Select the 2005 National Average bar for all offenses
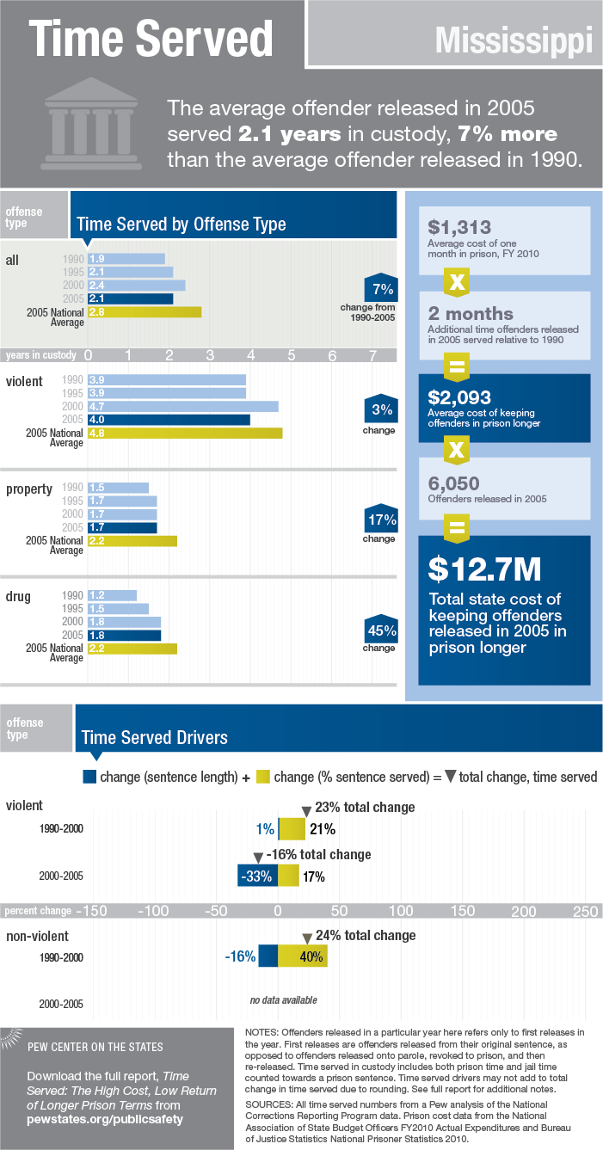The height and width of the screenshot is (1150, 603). pyautogui.click(x=144, y=311)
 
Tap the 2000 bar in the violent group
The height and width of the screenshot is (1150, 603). pyautogui.click(x=182, y=406)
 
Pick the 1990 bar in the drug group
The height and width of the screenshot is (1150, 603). pyautogui.click(x=112, y=595)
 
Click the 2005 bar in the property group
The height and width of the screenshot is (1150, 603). pyautogui.click(x=121, y=527)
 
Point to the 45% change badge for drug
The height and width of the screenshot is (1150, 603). pyautogui.click(x=378, y=630)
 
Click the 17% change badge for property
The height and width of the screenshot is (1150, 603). pyautogui.click(x=378, y=520)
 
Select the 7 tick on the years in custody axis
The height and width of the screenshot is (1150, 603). pyautogui.click(x=372, y=354)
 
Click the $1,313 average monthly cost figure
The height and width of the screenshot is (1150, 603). pyautogui.click(x=459, y=227)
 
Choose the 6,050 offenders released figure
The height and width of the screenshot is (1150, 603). pyautogui.click(x=454, y=484)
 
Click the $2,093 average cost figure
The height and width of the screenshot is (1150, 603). pyautogui.click(x=459, y=397)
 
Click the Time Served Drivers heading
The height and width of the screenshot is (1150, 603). pyautogui.click(x=154, y=737)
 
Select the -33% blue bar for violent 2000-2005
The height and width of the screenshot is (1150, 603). pyautogui.click(x=257, y=876)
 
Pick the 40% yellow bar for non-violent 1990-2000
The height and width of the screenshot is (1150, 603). pyautogui.click(x=303, y=956)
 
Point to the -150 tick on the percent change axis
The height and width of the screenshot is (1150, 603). pyautogui.click(x=94, y=910)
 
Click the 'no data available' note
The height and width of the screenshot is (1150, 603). pyautogui.click(x=283, y=1000)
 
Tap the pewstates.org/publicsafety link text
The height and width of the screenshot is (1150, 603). pyautogui.click(x=105, y=1119)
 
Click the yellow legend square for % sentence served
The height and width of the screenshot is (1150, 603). pyautogui.click(x=263, y=777)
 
